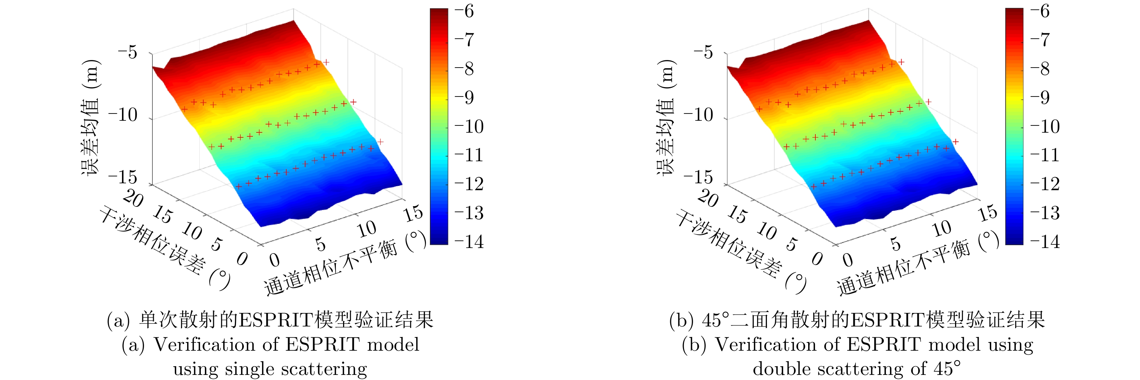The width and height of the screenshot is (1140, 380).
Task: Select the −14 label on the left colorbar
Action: (469, 242)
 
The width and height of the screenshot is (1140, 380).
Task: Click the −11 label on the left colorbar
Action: (469, 155)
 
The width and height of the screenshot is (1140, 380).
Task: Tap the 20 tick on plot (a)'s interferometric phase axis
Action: (133, 198)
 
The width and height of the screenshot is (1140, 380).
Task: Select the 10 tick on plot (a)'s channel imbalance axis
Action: (367, 230)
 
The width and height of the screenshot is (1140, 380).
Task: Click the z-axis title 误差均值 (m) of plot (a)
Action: (91, 117)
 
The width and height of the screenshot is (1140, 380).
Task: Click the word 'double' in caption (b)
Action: (779, 369)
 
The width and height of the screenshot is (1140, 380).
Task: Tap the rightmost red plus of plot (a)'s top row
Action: (326, 63)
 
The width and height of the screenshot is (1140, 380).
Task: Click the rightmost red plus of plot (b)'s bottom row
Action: (955, 142)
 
